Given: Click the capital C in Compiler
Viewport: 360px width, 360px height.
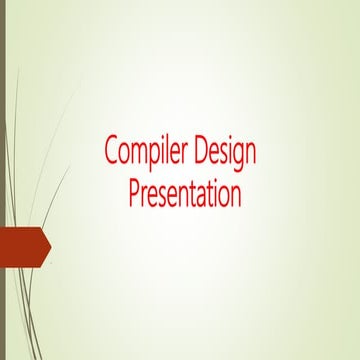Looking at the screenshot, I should pos(111,152).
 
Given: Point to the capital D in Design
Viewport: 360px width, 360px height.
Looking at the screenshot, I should pos(205,152).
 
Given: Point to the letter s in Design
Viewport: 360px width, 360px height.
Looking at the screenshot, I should pos(228,154).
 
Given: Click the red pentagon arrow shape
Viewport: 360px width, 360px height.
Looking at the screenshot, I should pos(22,248).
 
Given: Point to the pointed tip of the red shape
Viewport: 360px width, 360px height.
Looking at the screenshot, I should pos(50,248).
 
